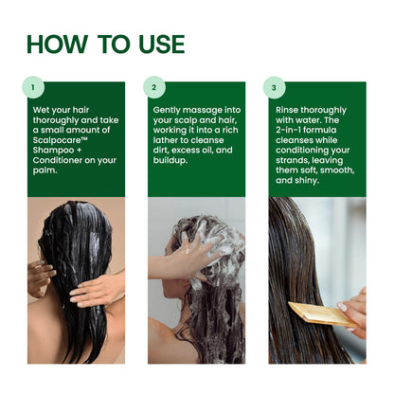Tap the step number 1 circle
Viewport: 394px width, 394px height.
(x=34, y=88)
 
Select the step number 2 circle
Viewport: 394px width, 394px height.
(x=154, y=88)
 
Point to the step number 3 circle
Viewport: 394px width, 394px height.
(x=275, y=88)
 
